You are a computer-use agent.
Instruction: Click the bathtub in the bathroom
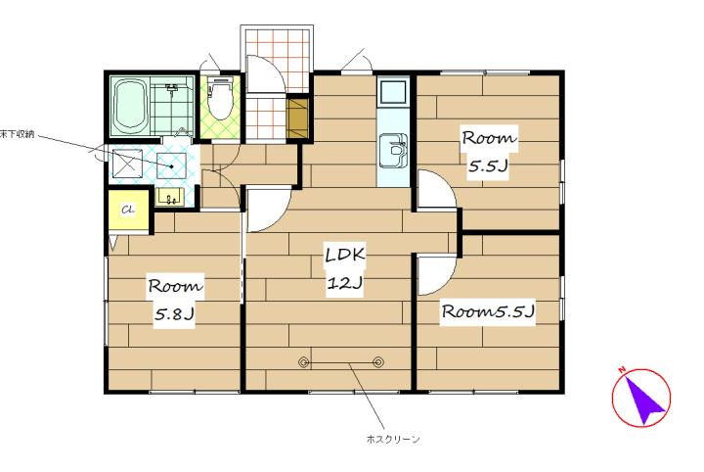point(129,107)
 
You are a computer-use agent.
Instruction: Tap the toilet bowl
point(220,100)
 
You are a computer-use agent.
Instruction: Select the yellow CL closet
point(128,211)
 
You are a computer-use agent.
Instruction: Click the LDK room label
point(345,255)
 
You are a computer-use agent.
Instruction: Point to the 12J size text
point(344,283)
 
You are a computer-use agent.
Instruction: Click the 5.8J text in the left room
point(174,313)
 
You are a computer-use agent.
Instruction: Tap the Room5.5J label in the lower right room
point(488,311)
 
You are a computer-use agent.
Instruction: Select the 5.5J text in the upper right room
point(488,165)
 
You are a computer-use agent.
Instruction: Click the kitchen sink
point(393,151)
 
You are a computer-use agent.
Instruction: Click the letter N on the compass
point(622,370)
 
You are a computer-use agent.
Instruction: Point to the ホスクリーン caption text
point(393,439)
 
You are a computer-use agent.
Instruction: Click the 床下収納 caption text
point(17,134)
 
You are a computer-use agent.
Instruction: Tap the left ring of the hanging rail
point(304,362)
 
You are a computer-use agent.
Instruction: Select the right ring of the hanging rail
point(378,362)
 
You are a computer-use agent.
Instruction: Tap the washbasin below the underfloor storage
point(170,198)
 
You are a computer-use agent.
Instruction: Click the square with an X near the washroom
point(127,164)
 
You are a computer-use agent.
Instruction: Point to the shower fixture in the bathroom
point(171,88)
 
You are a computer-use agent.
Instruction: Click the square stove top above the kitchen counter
point(393,92)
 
